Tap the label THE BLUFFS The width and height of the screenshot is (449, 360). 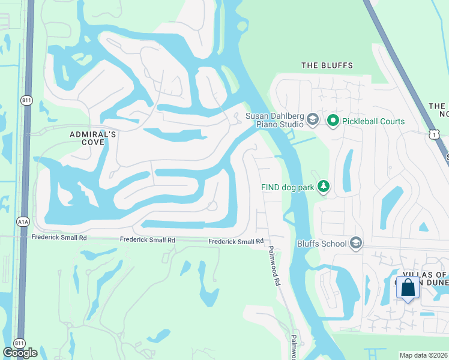click(x=327, y=65)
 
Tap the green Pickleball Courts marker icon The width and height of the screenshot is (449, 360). click(x=333, y=121)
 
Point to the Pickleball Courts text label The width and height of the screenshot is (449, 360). click(x=373, y=121)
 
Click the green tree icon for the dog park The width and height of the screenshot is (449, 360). click(x=324, y=187)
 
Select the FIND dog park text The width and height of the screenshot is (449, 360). click(x=288, y=187)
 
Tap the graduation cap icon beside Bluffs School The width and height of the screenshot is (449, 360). click(x=356, y=243)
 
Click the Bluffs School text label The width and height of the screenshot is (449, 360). click(x=322, y=244)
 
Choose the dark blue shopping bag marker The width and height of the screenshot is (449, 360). click(x=408, y=288)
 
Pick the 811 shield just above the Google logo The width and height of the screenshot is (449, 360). click(x=19, y=343)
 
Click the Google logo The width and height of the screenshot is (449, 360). click(x=20, y=353)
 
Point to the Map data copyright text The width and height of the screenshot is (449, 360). click(x=424, y=355)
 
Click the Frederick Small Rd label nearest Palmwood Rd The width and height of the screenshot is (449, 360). click(x=236, y=241)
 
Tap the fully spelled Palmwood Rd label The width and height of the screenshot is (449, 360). click(x=274, y=265)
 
